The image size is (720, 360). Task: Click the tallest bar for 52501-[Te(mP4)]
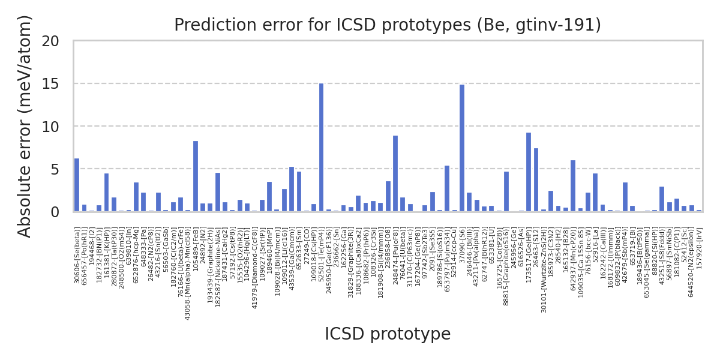tap(321, 148)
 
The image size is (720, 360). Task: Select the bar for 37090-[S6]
tap(462, 148)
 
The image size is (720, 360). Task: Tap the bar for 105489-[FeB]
tap(196, 176)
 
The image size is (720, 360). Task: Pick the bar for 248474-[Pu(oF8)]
tap(395, 174)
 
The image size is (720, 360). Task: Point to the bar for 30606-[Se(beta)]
tap(77, 185)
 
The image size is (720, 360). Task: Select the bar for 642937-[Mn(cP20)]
tap(573, 186)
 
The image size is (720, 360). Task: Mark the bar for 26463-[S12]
tap(536, 180)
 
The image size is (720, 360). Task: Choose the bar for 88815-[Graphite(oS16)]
tap(506, 191)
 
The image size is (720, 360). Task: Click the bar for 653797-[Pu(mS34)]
tap(447, 188)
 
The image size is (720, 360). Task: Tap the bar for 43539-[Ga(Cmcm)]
tap(292, 189)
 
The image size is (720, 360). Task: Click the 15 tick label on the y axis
tap(51, 84)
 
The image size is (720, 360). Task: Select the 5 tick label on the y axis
tap(55, 169)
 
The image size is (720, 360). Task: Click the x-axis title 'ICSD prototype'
tap(388, 334)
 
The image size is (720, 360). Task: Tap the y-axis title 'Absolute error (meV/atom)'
tap(25, 126)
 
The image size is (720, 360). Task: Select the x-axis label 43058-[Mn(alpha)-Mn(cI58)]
tap(188, 273)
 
